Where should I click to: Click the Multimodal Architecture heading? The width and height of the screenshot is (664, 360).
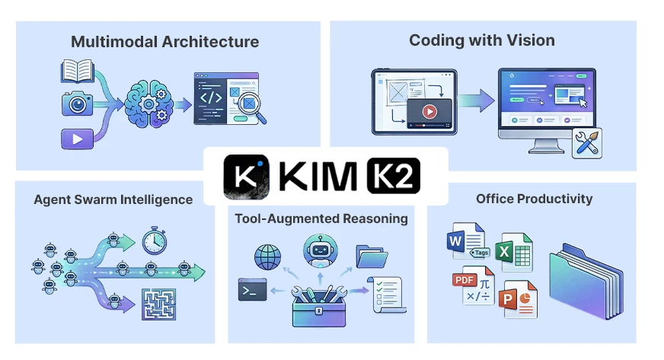164,42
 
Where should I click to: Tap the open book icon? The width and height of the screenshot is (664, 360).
77,73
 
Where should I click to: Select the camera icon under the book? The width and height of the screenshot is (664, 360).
77,104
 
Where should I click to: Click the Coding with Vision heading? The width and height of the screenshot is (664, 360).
481,40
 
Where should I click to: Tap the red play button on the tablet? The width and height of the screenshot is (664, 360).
429,111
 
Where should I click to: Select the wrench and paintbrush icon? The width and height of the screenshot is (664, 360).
586,143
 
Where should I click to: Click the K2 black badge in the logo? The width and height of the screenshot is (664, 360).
393,177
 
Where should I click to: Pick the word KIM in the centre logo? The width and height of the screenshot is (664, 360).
317,177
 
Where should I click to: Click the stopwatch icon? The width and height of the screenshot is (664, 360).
155,240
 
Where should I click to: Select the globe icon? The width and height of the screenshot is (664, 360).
268,256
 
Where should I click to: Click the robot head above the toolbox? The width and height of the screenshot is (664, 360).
320,250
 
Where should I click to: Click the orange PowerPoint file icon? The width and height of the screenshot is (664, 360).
517,300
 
